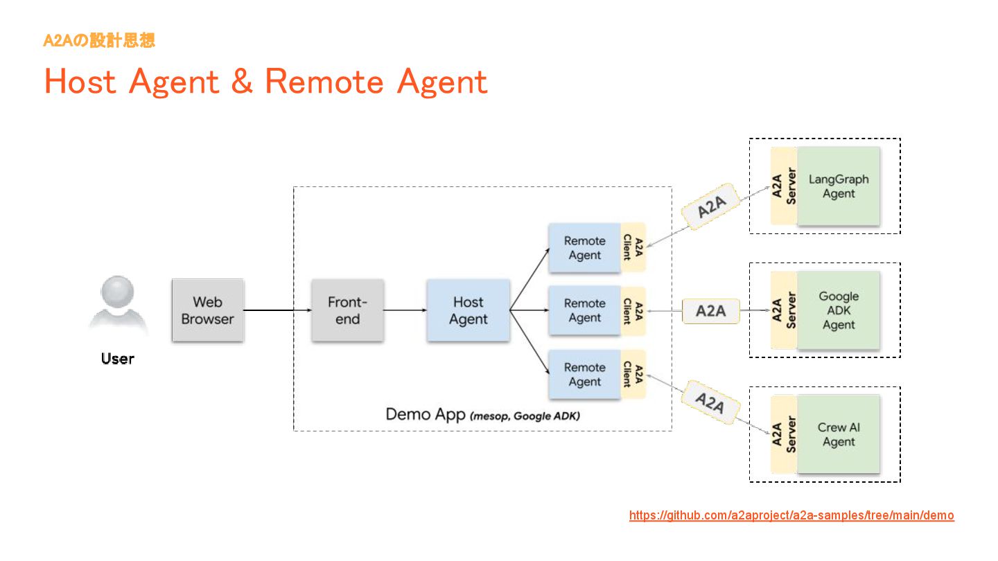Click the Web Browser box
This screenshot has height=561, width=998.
coord(208,310)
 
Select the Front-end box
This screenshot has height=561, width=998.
coord(347,310)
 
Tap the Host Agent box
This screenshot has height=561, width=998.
coord(469,310)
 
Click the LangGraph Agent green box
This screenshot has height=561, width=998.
coord(839,186)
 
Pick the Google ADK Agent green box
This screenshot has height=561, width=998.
coord(839,310)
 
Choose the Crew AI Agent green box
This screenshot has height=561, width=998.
coord(839,434)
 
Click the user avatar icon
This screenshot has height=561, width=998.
coord(118,303)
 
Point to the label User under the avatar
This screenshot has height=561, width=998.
coord(118,359)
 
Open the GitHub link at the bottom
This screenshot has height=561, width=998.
coord(791,515)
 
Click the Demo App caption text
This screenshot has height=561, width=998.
coord(482,414)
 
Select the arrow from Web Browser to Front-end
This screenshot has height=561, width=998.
coord(277,310)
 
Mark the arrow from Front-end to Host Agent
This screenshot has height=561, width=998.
coord(405,310)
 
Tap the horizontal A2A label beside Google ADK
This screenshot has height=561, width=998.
coord(711,311)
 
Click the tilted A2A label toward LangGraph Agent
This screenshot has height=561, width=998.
coord(711,206)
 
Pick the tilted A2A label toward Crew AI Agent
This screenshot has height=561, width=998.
coord(711,402)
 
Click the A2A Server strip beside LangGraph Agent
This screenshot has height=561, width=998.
coord(784,186)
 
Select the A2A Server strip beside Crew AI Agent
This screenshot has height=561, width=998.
coord(784,434)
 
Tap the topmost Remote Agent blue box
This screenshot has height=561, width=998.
coord(584,248)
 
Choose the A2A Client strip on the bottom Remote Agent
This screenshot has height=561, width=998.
coord(633,375)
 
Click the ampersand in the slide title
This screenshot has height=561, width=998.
coord(242,81)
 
